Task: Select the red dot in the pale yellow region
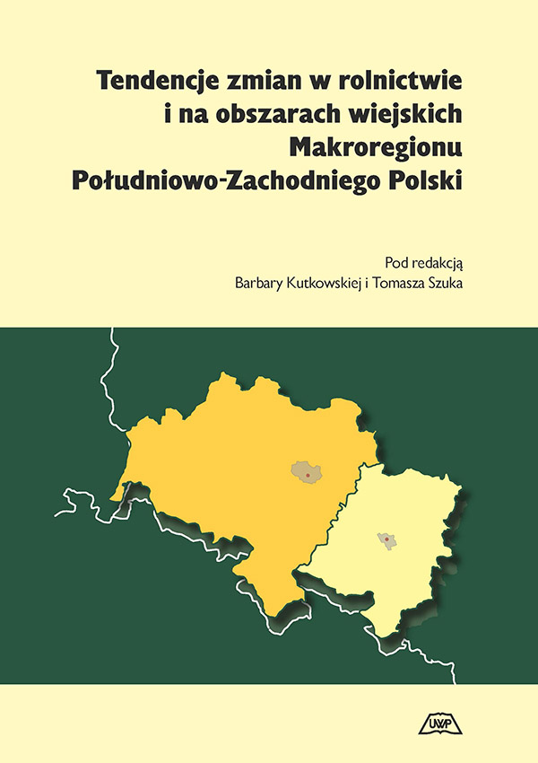pyautogui.click(x=386, y=539)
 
